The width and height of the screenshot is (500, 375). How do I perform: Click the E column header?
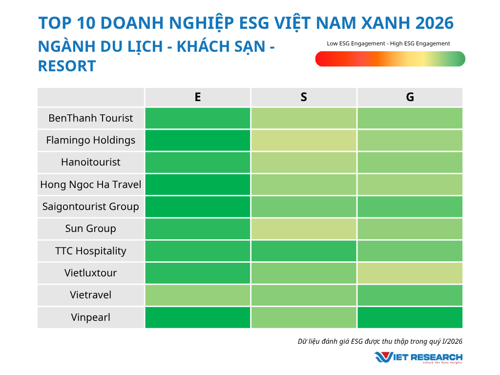pyautogui.click(x=197, y=97)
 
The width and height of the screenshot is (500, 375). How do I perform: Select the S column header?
pyautogui.click(x=304, y=97)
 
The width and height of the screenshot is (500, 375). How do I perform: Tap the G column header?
pyautogui.click(x=410, y=97)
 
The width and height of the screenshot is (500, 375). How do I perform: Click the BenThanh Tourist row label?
pyautogui.click(x=91, y=118)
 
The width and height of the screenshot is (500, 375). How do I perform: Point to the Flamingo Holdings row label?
pyautogui.click(x=91, y=140)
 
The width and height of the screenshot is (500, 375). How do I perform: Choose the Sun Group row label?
pyautogui.click(x=91, y=229)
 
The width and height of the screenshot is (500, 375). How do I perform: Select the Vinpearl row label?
pyautogui.click(x=91, y=317)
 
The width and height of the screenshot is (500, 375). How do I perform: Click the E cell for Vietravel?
pyautogui.click(x=197, y=295)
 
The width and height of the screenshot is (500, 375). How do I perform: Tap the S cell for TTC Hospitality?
pyautogui.click(x=304, y=251)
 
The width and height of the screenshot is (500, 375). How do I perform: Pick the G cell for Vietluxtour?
pyautogui.click(x=410, y=273)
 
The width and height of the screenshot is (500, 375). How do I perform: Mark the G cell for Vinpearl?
pyautogui.click(x=410, y=317)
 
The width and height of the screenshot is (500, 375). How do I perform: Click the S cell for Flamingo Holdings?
pyautogui.click(x=304, y=140)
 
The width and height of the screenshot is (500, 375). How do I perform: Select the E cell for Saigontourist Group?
pyautogui.click(x=197, y=207)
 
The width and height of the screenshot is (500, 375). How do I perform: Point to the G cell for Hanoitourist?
pyautogui.click(x=410, y=162)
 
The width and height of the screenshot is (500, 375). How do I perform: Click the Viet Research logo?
pyautogui.click(x=418, y=357)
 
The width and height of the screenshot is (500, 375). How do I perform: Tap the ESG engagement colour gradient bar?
pyautogui.click(x=390, y=59)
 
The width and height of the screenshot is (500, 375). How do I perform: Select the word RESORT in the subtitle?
pyautogui.click(x=67, y=66)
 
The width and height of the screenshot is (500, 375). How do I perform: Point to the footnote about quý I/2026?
pyautogui.click(x=380, y=341)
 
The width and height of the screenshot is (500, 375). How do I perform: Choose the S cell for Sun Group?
pyautogui.click(x=304, y=229)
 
